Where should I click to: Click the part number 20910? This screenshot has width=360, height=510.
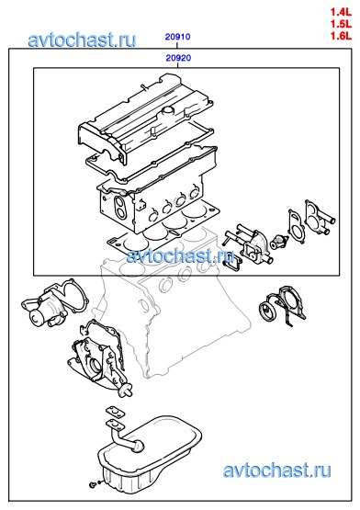tap(177, 37)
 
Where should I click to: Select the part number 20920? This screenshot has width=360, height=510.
tap(178, 58)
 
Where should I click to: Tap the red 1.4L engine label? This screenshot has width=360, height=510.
tap(341, 12)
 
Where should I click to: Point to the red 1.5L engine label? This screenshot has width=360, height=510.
tap(341, 24)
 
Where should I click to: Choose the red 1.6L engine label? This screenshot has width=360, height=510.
tap(341, 35)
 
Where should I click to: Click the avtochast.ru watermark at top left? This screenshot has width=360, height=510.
tap(82, 40)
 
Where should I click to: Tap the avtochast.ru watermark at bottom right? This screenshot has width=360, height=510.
tap(277, 470)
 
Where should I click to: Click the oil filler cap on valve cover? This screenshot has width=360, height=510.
tap(168, 110)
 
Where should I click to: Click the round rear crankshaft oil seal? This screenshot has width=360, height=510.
tap(268, 312)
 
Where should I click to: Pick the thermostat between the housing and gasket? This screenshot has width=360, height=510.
tap(279, 242)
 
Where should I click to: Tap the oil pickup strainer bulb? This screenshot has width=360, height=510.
tap(138, 446)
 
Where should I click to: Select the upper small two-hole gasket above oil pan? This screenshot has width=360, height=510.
tap(115, 413)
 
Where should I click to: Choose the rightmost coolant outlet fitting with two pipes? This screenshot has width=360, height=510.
tap(320, 219)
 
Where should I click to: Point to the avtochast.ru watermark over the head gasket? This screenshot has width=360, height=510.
tap(181, 255)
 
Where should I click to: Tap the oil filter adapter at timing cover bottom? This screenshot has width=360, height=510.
tap(125, 391)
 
